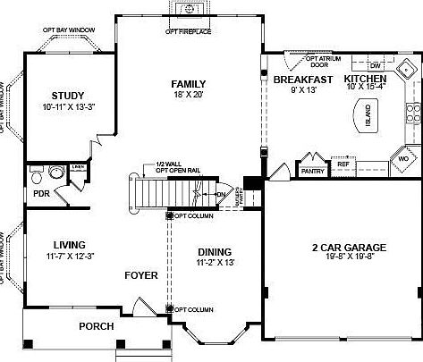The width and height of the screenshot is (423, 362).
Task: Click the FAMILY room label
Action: (189, 84)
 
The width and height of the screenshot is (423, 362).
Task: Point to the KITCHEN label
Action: (365, 80)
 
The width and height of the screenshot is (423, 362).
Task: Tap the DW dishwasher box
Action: (376, 66)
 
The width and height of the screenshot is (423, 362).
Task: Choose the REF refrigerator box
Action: (343, 164)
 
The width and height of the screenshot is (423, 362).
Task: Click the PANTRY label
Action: (312, 170)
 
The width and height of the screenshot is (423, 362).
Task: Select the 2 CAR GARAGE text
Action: (342, 248)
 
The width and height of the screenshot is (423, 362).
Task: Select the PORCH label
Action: (96, 326)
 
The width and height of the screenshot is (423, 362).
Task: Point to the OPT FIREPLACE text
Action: (188, 32)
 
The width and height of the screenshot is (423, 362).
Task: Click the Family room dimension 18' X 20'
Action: (189, 96)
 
